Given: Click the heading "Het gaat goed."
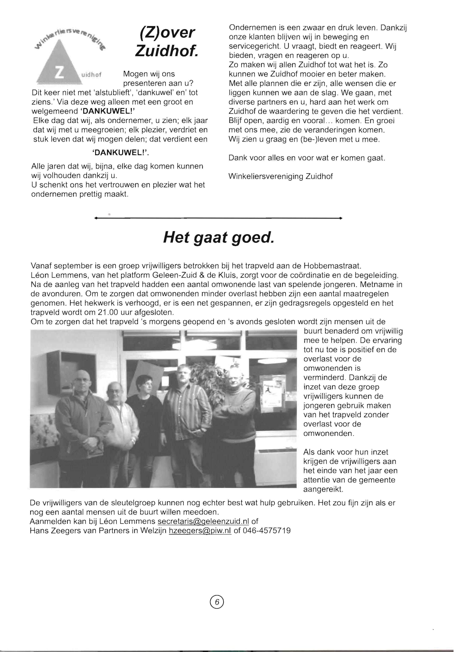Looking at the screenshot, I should pyautogui.click(x=219, y=238).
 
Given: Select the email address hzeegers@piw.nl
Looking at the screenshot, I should pyautogui.click(x=200, y=531).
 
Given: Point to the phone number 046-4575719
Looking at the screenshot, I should pyautogui.click(x=266, y=531).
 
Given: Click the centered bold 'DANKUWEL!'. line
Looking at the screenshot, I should pyautogui.click(x=120, y=153).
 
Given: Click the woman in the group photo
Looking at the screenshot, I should pyautogui.click(x=143, y=409).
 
